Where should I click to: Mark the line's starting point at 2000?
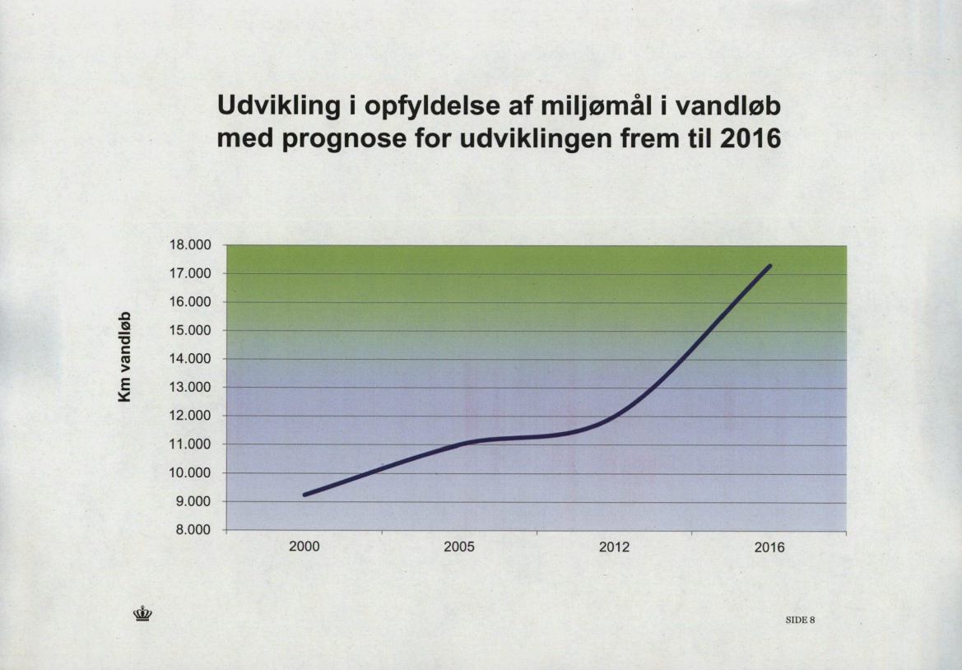(x=305, y=494)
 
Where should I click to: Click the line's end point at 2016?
(x=770, y=266)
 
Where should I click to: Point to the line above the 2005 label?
(x=459, y=444)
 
